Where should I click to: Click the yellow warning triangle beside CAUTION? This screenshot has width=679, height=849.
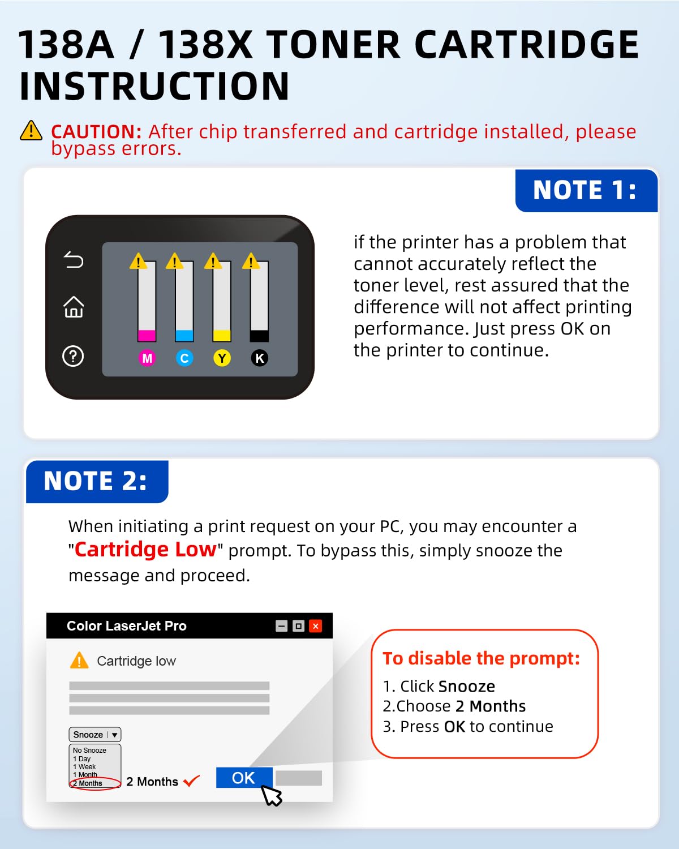click(x=31, y=131)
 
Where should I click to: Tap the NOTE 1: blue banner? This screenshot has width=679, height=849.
click(x=586, y=191)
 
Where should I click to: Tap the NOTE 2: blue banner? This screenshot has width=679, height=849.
click(x=97, y=481)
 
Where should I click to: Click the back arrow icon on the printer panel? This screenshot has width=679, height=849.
click(x=74, y=260)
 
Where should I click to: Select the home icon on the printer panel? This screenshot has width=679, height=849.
click(x=74, y=307)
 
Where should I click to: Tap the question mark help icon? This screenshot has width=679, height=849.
click(x=73, y=356)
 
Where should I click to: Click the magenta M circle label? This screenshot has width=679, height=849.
click(x=147, y=358)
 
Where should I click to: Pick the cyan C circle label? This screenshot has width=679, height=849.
click(x=184, y=358)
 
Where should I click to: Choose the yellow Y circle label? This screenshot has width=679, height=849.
click(x=222, y=358)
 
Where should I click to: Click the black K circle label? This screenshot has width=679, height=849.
click(x=260, y=358)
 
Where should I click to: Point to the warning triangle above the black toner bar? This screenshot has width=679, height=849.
click(x=251, y=261)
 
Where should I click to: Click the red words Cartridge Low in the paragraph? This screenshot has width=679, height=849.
click(x=145, y=550)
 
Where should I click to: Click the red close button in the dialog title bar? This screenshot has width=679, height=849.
click(x=316, y=625)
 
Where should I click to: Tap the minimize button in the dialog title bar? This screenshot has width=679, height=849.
click(x=281, y=625)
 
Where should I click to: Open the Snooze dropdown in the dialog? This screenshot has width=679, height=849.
click(x=95, y=735)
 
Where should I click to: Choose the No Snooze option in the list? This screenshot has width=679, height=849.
click(x=89, y=751)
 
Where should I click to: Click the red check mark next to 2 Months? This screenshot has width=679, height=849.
click(x=192, y=781)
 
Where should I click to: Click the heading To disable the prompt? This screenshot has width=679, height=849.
click(x=482, y=658)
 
